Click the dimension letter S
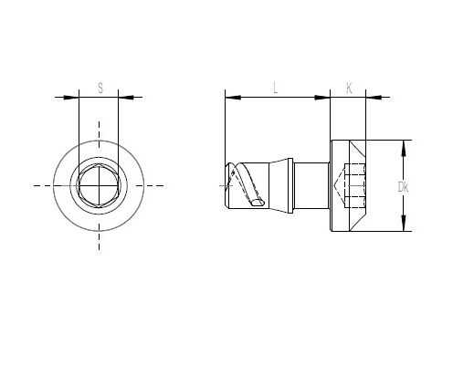coord(100,88)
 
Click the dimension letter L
coord(276,88)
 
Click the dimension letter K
coord(349,88)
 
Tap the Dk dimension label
coord(403,187)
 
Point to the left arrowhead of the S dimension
coord(71,98)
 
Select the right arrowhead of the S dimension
coord(126,98)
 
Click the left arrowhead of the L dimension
coord(233,98)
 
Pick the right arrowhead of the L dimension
coord(322,98)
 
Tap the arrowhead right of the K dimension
coord(374,98)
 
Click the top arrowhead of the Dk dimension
coord(404,148)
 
